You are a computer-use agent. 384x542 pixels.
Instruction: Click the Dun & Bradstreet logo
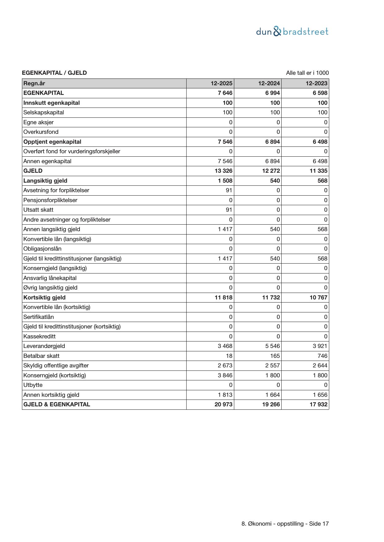[292, 32]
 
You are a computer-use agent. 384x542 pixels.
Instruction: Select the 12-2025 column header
[222, 83]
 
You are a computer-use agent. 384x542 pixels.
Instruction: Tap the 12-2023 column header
[316, 83]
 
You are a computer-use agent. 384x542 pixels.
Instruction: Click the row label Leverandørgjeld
[44, 346]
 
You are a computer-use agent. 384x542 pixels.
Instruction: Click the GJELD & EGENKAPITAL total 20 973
[223, 404]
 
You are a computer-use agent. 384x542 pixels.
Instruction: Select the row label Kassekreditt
[39, 336]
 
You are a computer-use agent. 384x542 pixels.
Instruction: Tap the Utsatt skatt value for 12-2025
[229, 210]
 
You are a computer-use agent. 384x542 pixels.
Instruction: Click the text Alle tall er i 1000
[307, 73]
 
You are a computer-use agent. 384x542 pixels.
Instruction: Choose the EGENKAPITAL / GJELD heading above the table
[54, 73]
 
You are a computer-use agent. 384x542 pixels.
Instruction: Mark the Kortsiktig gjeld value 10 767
[318, 297]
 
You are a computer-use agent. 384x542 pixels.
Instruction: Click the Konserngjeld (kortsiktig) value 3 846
[225, 375]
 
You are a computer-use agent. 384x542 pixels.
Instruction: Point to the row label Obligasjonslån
[42, 249]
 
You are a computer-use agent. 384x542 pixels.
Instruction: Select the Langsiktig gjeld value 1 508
[225, 180]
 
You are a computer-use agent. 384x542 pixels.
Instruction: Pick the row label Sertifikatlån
[38, 317]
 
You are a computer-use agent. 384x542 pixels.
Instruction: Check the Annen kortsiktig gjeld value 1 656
[320, 395]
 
